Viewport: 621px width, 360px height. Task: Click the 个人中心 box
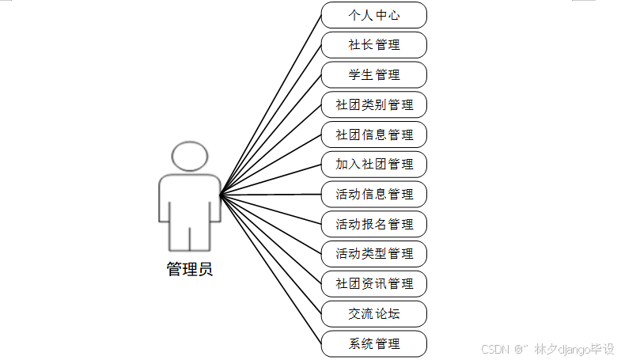click(374, 15)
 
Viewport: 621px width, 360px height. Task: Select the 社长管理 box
click(374, 45)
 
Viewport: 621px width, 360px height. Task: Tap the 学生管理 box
click(374, 75)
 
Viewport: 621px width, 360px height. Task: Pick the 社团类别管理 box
click(374, 104)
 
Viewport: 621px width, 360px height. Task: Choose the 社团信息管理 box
click(374, 135)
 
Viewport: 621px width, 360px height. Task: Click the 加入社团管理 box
click(374, 165)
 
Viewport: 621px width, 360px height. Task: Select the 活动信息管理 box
click(374, 195)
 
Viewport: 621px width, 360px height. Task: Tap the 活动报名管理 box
click(374, 224)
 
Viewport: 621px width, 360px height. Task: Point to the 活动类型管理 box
click(374, 254)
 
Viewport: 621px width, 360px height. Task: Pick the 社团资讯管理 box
click(374, 284)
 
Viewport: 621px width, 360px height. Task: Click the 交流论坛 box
click(374, 314)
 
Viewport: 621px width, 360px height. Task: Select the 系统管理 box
click(374, 343)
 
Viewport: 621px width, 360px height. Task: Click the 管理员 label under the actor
click(189, 269)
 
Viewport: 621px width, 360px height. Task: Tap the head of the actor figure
click(190, 157)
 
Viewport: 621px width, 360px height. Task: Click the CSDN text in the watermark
click(493, 349)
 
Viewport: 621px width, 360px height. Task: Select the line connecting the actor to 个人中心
click(271, 104)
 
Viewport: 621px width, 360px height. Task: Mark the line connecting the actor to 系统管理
click(271, 269)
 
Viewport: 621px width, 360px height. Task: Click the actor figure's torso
click(190, 198)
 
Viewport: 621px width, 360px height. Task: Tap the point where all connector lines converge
click(221, 194)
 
